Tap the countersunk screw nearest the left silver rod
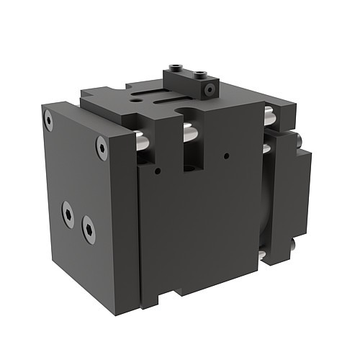point(102,149)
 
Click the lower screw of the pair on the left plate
point(89,230)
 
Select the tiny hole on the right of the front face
point(227,154)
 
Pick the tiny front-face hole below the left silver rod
point(156,172)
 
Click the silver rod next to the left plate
point(143,141)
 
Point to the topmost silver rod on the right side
point(268,112)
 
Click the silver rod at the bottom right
point(264,256)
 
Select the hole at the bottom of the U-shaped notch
point(191,168)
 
